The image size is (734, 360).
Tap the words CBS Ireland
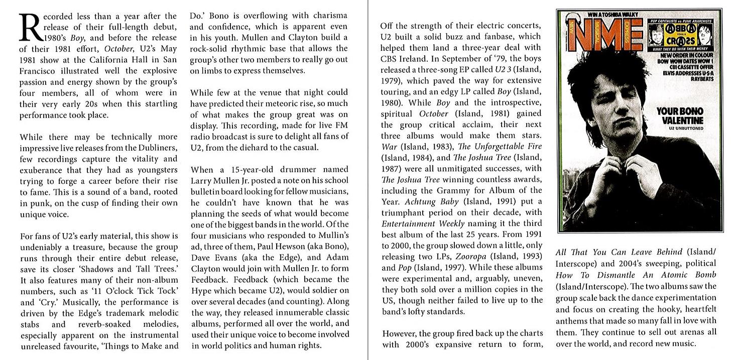coord(405,59)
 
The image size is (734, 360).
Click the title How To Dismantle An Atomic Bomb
coord(636,275)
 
